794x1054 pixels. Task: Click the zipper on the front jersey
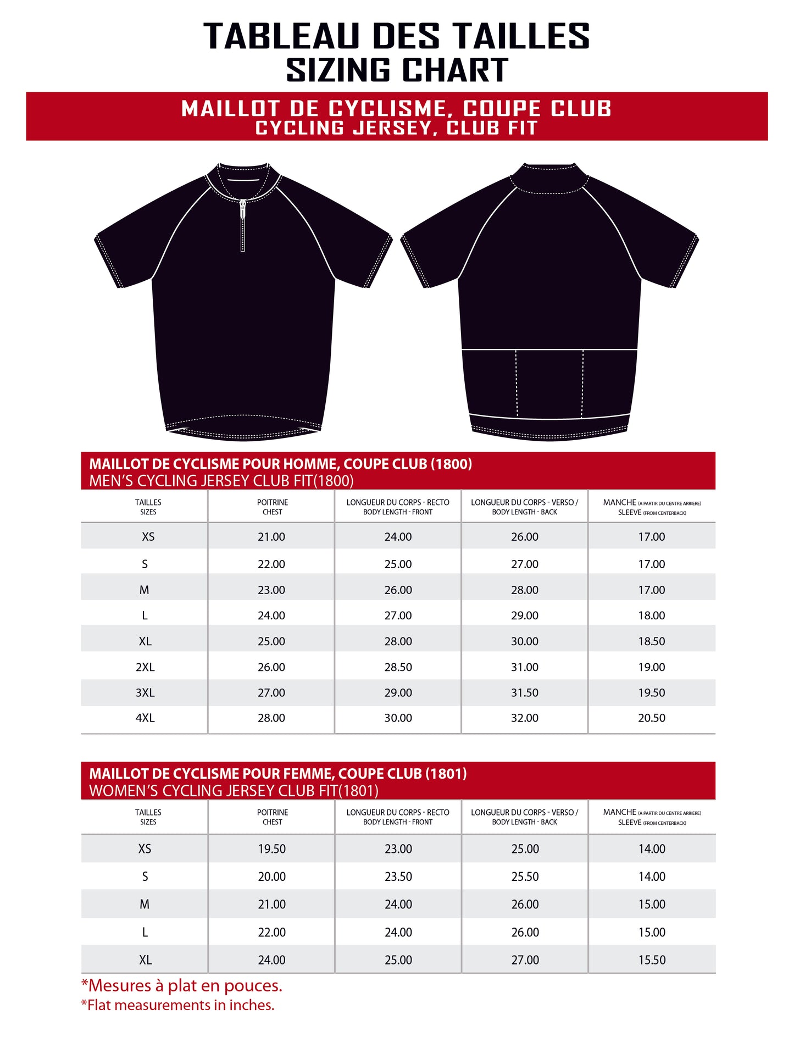click(242, 225)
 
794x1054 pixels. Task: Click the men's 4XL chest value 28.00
click(271, 718)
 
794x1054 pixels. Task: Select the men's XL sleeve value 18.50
click(651, 641)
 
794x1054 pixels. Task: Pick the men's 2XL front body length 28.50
click(398, 667)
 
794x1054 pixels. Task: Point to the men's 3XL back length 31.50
click(525, 693)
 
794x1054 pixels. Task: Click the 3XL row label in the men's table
click(145, 693)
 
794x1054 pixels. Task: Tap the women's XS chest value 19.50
click(272, 849)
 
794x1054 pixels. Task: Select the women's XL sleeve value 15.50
click(652, 960)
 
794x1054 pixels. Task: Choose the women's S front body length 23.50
click(398, 877)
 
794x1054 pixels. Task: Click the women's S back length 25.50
click(525, 877)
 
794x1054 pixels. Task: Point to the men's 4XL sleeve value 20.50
click(651, 718)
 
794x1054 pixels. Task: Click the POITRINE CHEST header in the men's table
click(273, 507)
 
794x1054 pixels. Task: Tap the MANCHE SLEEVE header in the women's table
click(652, 817)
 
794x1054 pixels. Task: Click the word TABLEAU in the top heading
click(281, 36)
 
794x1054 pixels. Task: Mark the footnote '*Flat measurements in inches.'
click(177, 1005)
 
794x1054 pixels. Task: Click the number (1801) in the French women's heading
click(447, 774)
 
